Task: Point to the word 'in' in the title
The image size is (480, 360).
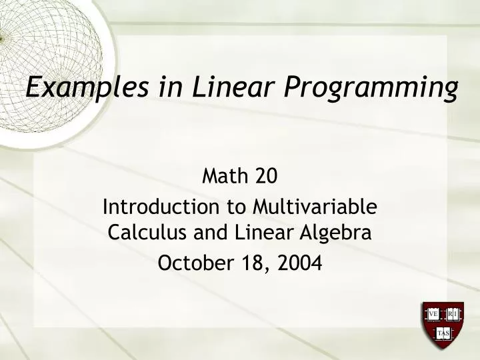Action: pyautogui.click(x=163, y=87)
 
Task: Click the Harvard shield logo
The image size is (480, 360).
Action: pyautogui.click(x=443, y=325)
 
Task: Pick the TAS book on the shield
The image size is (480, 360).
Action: pyautogui.click(x=443, y=332)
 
